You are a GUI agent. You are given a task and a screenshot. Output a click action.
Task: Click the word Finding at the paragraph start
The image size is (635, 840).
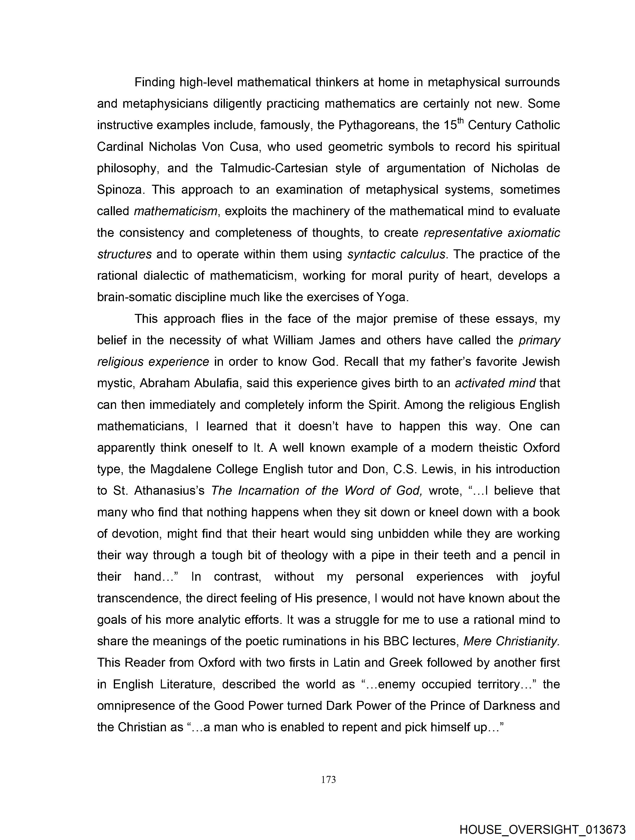(155, 82)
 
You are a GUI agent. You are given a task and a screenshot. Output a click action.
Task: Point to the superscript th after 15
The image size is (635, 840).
(460, 121)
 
